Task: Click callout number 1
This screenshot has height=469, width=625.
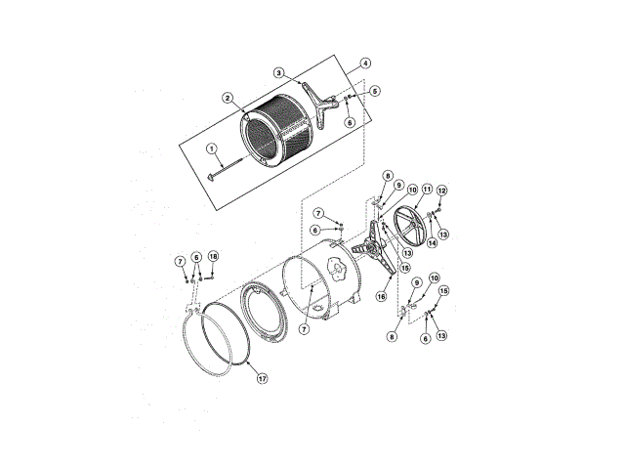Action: [x=211, y=149]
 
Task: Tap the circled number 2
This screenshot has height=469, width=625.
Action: [x=227, y=98]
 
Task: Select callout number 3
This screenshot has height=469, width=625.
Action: [x=278, y=72]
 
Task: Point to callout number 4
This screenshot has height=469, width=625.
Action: [x=365, y=63]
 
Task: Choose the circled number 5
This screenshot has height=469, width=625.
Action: [x=375, y=90]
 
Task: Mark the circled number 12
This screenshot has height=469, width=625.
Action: [x=441, y=191]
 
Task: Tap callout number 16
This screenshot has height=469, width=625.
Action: [x=382, y=295]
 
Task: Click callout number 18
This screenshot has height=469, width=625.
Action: [x=213, y=256]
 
